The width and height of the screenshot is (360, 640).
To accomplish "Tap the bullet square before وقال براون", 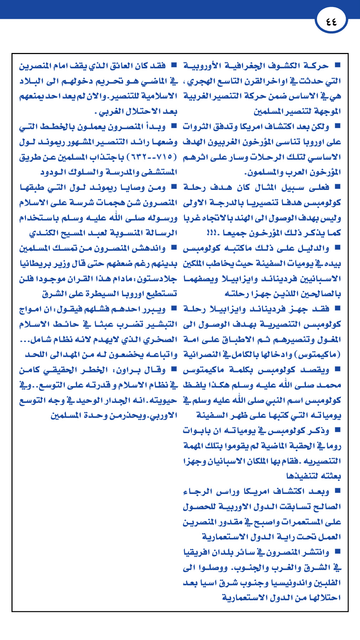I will click(174, 369).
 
